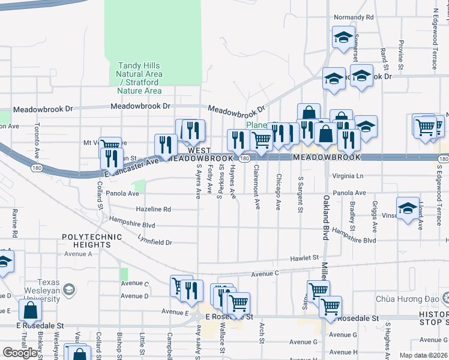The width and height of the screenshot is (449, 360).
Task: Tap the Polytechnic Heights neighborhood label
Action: coord(89,241)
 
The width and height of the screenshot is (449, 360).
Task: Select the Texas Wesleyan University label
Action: coord(40,287)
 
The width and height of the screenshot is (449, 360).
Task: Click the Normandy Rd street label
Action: coord(354,18)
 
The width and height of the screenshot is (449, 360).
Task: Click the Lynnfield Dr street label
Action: coord(154,242)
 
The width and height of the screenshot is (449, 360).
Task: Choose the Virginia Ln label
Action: coord(348,177)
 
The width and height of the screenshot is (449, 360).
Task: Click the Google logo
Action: coord(20,353)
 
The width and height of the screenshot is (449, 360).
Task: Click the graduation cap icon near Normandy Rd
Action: coord(343,37)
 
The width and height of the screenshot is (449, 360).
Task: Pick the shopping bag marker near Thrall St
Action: coord(30,311)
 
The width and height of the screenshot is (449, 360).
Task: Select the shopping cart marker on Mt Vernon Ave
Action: coord(110,146)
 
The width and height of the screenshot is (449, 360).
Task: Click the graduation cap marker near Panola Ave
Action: coord(408,208)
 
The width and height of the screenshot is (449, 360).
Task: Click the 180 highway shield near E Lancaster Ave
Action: coord(37,168)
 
